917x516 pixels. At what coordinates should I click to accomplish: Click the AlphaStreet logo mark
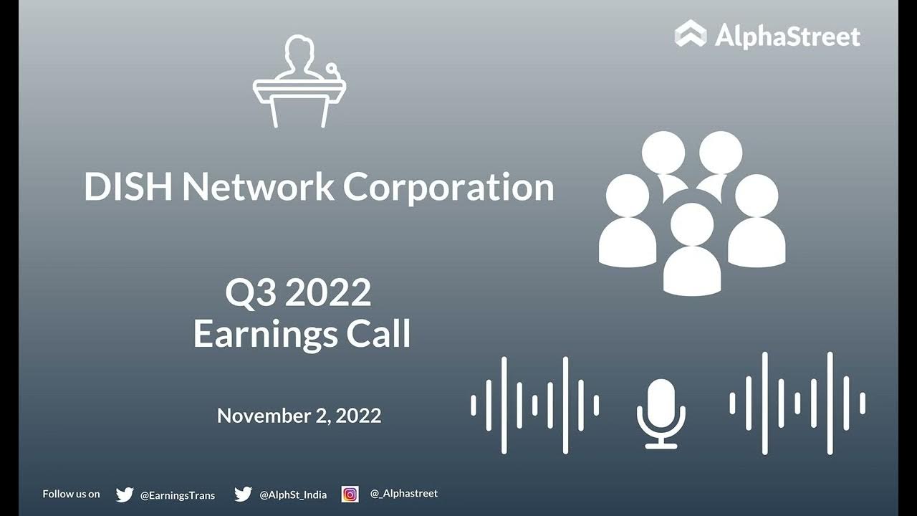[x=691, y=34]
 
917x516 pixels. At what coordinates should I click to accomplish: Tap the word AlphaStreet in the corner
[x=787, y=35]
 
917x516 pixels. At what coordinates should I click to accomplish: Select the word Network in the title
[x=259, y=187]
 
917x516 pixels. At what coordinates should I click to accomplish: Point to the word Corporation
[x=448, y=187]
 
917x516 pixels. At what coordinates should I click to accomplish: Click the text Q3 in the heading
[x=250, y=293]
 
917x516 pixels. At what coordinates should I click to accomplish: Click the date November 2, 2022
[x=299, y=416]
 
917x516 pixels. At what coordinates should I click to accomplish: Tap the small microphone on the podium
[x=332, y=70]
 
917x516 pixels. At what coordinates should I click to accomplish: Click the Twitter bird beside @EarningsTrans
[x=125, y=494]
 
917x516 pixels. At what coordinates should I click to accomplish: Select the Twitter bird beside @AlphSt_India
[x=243, y=494]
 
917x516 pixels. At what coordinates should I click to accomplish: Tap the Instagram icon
[x=350, y=494]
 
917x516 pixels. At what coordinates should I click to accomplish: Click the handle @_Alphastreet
[x=403, y=494]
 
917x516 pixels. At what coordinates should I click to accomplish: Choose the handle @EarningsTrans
[x=177, y=495]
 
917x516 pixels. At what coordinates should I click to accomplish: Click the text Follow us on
[x=71, y=494]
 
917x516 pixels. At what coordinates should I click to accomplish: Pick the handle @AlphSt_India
[x=293, y=495]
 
